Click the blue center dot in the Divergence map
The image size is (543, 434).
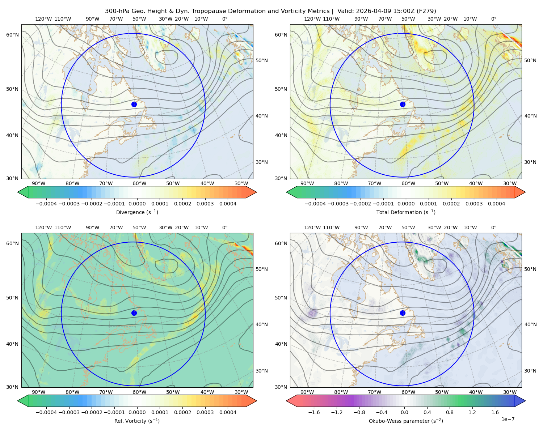coord(134,104)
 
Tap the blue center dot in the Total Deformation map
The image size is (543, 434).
coord(403,104)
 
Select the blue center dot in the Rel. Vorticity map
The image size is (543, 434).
coord(134,313)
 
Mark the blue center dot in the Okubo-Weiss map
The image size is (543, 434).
coord(403,313)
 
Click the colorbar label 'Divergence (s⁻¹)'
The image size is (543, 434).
coord(137,212)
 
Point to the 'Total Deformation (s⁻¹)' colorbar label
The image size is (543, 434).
coord(406,212)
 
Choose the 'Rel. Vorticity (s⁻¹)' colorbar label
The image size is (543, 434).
coord(137,421)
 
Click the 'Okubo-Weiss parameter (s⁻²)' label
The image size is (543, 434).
coord(406,421)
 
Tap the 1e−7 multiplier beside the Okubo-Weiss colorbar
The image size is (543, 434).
coord(508,419)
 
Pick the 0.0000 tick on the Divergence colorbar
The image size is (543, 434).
coord(137,204)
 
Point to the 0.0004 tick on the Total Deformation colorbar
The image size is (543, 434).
coord(496,204)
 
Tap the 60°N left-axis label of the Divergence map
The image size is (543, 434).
coord(12,35)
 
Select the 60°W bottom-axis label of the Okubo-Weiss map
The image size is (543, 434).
coord(408,392)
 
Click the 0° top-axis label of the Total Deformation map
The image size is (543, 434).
coord(493,19)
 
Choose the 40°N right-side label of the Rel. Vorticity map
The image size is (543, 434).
coord(262,324)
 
